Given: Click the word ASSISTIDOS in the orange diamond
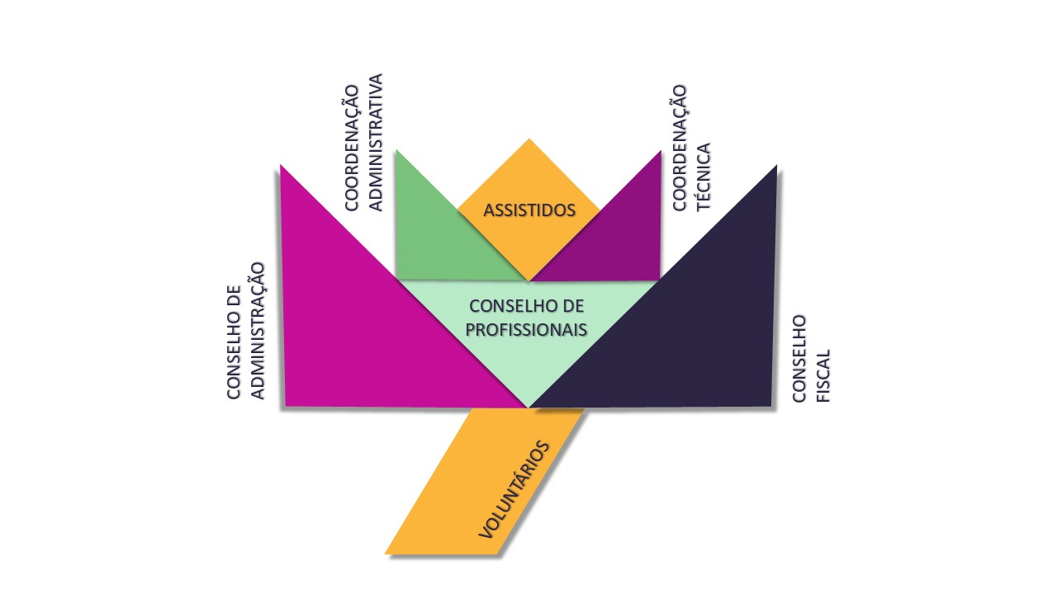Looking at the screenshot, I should point(528,210).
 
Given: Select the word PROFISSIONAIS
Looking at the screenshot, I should point(527,328).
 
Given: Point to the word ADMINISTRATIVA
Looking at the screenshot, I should point(376,142).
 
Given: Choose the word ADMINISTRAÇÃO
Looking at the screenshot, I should point(257,330).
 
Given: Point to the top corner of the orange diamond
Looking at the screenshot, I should point(528,140).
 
